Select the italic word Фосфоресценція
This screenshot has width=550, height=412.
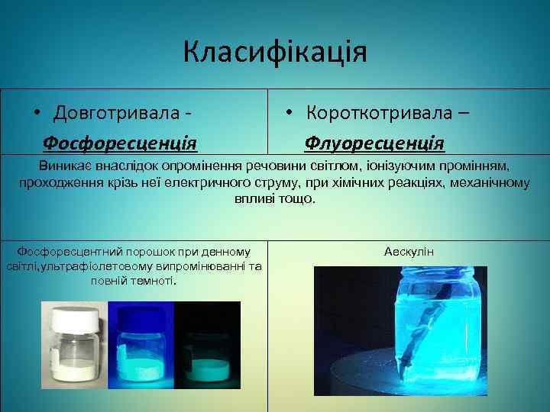point(120,142)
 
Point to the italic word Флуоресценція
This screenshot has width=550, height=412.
point(374,142)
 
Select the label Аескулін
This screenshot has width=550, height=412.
point(409,251)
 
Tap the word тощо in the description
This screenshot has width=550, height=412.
point(299,198)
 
